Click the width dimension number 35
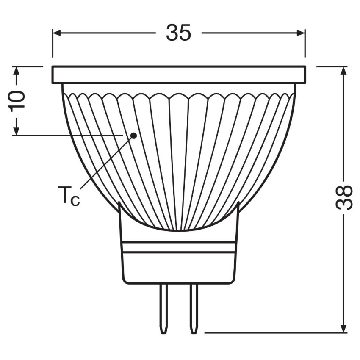click(178, 33)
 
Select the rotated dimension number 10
click(16, 100)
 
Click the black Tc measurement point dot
click(133, 136)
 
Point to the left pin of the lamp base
click(163, 309)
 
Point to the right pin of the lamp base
click(193, 309)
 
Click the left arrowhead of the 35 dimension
click(57, 33)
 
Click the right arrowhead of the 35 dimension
click(301, 33)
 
